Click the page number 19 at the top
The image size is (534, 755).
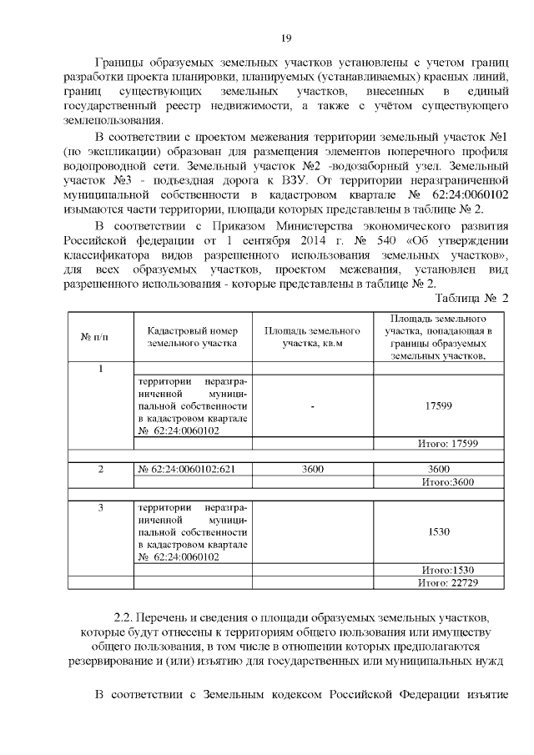pos(285,38)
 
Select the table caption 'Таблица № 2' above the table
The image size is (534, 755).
pos(473,298)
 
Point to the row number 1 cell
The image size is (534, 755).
pos(100,368)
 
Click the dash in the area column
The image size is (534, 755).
pos(311,406)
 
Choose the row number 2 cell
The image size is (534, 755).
pos(100,470)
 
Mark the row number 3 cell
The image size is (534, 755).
pos(100,507)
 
